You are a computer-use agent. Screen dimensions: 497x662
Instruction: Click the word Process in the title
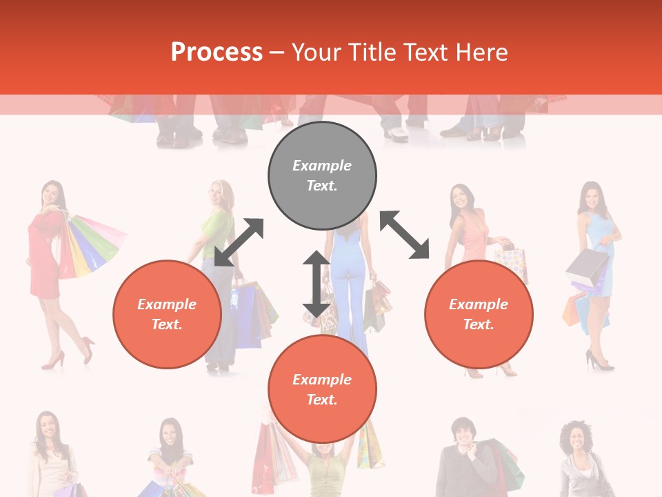[217, 52]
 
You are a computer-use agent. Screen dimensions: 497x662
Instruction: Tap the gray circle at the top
[322, 176]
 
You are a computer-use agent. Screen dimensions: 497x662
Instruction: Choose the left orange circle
[167, 314]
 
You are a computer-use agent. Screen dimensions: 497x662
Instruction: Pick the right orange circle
[479, 314]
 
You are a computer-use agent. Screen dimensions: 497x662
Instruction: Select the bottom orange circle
[322, 389]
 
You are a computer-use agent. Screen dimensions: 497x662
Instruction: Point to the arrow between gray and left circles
[239, 242]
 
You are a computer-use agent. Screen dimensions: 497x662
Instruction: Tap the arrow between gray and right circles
[405, 235]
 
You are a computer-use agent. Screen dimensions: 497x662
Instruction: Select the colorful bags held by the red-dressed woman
[93, 245]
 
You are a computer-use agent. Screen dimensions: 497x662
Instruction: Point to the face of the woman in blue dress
[591, 198]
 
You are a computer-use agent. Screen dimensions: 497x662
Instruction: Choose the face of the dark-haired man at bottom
[461, 432]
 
